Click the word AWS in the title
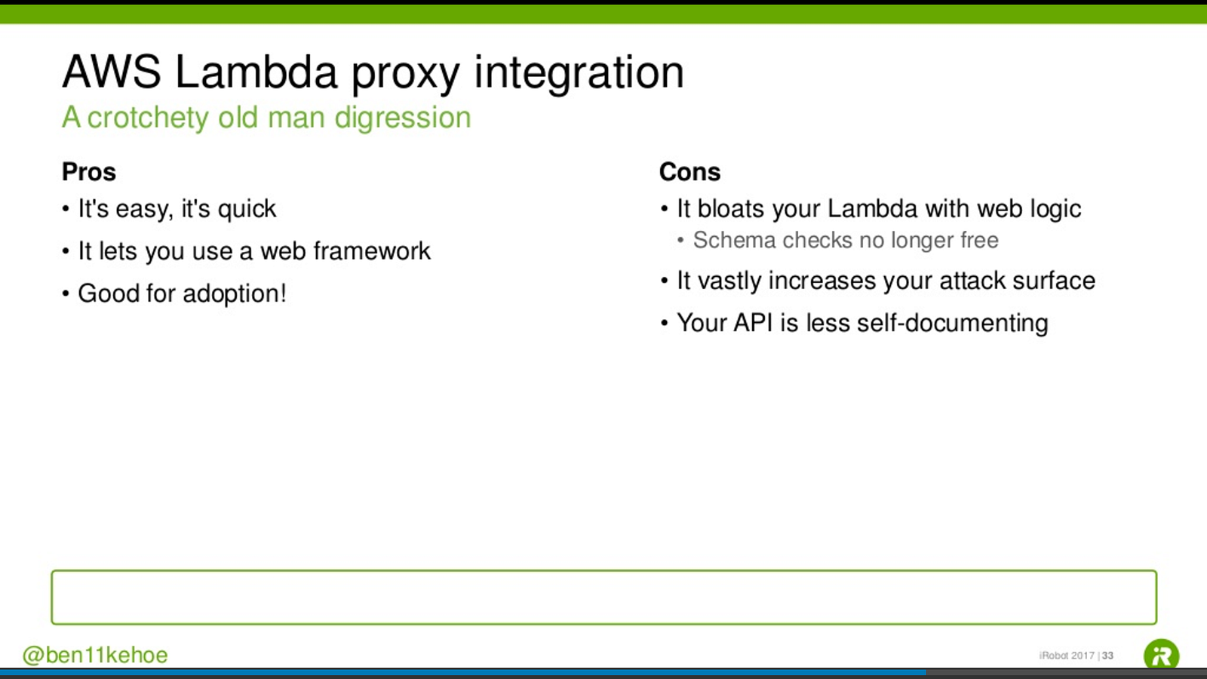[112, 72]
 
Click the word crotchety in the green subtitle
[148, 118]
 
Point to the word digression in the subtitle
[403, 118]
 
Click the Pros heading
[89, 172]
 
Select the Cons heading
[689, 172]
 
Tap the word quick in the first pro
[247, 209]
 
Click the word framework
[373, 250]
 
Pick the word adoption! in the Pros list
[235, 294]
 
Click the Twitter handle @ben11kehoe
[95, 656]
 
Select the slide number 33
[1107, 656]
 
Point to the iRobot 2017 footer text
[1067, 656]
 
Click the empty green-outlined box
[603, 571]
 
